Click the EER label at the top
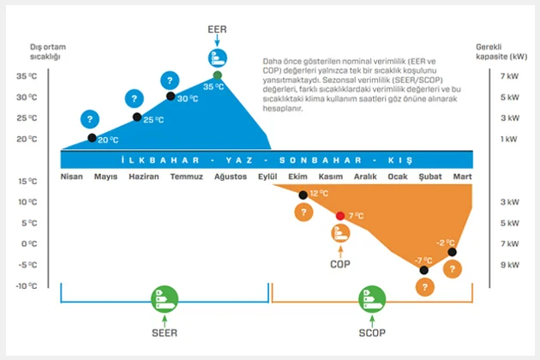pyautogui.click(x=218, y=28)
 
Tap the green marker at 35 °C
pyautogui.click(x=218, y=75)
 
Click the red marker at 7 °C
pyautogui.click(x=340, y=215)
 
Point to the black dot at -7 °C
pyautogui.click(x=423, y=270)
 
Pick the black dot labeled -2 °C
pyautogui.click(x=452, y=252)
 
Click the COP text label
pyautogui.click(x=340, y=264)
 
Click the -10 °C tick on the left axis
pyautogui.click(x=27, y=285)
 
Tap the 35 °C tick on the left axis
pyautogui.click(x=27, y=76)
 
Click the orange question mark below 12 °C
pyautogui.click(x=302, y=213)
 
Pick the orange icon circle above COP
pyautogui.click(x=340, y=233)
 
